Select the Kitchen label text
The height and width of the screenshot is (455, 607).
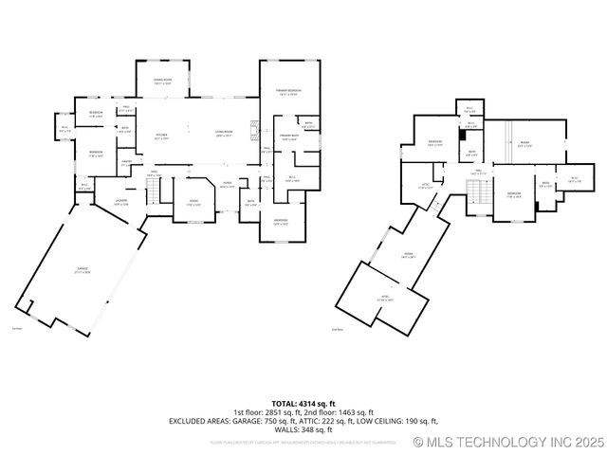click(161, 136)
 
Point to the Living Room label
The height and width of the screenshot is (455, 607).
click(224, 134)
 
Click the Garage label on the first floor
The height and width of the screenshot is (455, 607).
click(83, 270)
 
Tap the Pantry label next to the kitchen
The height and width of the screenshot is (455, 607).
click(126, 163)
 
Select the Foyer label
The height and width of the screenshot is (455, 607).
click(228, 185)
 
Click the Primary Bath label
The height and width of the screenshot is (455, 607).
click(289, 138)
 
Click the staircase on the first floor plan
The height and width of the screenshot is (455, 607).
click(149, 193)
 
